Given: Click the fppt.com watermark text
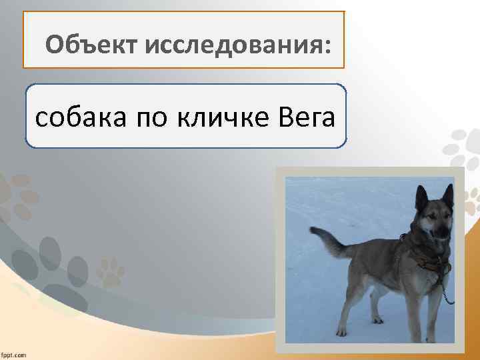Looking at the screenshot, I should [14, 355].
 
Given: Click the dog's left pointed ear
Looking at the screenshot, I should [421, 199].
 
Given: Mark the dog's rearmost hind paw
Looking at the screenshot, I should [342, 331].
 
